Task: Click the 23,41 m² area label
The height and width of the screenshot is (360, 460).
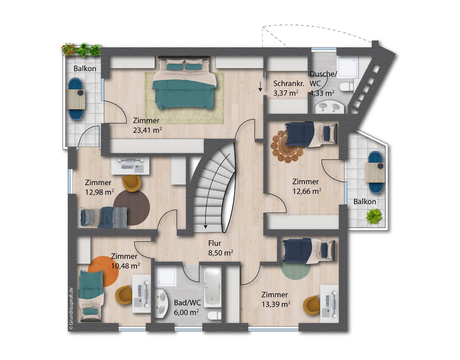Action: pos(147,130)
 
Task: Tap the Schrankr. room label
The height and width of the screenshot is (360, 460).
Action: pos(289,83)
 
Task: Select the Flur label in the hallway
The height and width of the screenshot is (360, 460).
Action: pos(214,243)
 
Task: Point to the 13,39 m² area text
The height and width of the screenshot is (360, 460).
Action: pos(276,304)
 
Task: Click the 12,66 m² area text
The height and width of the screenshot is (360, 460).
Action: pos(307,191)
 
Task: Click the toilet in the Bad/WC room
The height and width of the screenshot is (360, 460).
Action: pos(214,316)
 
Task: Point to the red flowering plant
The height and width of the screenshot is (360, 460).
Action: pos(68,50)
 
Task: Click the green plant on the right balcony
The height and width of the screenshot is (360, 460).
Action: pos(374,216)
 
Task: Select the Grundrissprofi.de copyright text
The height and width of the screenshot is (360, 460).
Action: pos(71,308)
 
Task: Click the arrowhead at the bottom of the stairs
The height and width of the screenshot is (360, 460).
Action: pos(205,227)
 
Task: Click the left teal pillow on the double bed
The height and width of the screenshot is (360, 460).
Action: pos(175,67)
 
